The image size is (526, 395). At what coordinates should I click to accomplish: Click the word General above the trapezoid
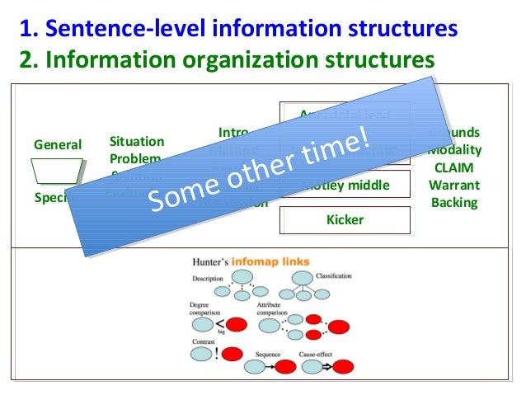58,145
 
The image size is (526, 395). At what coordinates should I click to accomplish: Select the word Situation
137,142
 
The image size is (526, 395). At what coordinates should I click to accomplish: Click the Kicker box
345,220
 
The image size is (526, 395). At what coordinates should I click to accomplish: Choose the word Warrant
453,185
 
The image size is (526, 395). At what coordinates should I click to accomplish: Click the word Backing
454,202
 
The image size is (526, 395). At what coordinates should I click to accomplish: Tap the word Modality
455,150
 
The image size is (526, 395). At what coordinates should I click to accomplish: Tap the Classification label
334,276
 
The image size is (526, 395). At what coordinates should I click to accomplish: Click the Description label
208,279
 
